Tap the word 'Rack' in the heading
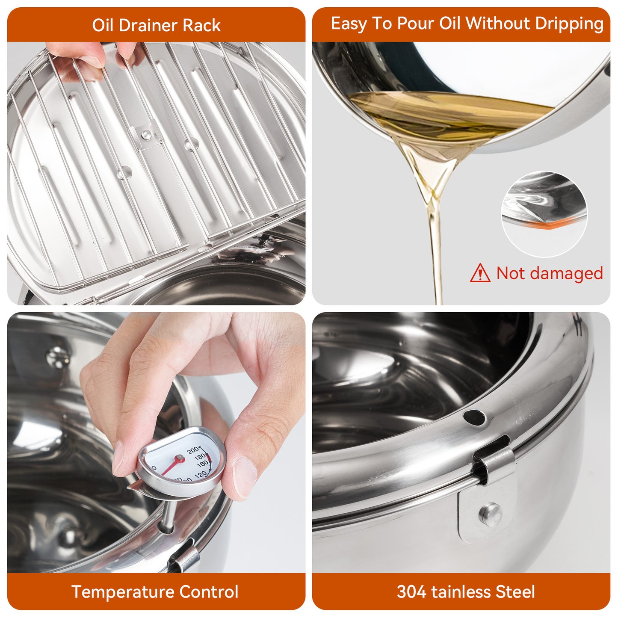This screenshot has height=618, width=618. (201, 25)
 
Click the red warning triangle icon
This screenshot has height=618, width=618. (480, 273)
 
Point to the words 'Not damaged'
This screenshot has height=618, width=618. (550, 273)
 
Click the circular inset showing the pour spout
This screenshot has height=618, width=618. (544, 214)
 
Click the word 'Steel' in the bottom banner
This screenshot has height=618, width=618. (515, 592)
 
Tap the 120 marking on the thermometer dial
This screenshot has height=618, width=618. (200, 474)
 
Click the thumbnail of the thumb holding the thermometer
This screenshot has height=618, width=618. (244, 477)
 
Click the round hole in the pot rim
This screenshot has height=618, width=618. (474, 417)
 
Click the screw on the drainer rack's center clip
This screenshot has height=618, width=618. (146, 135)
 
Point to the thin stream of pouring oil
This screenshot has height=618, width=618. (437, 257)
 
